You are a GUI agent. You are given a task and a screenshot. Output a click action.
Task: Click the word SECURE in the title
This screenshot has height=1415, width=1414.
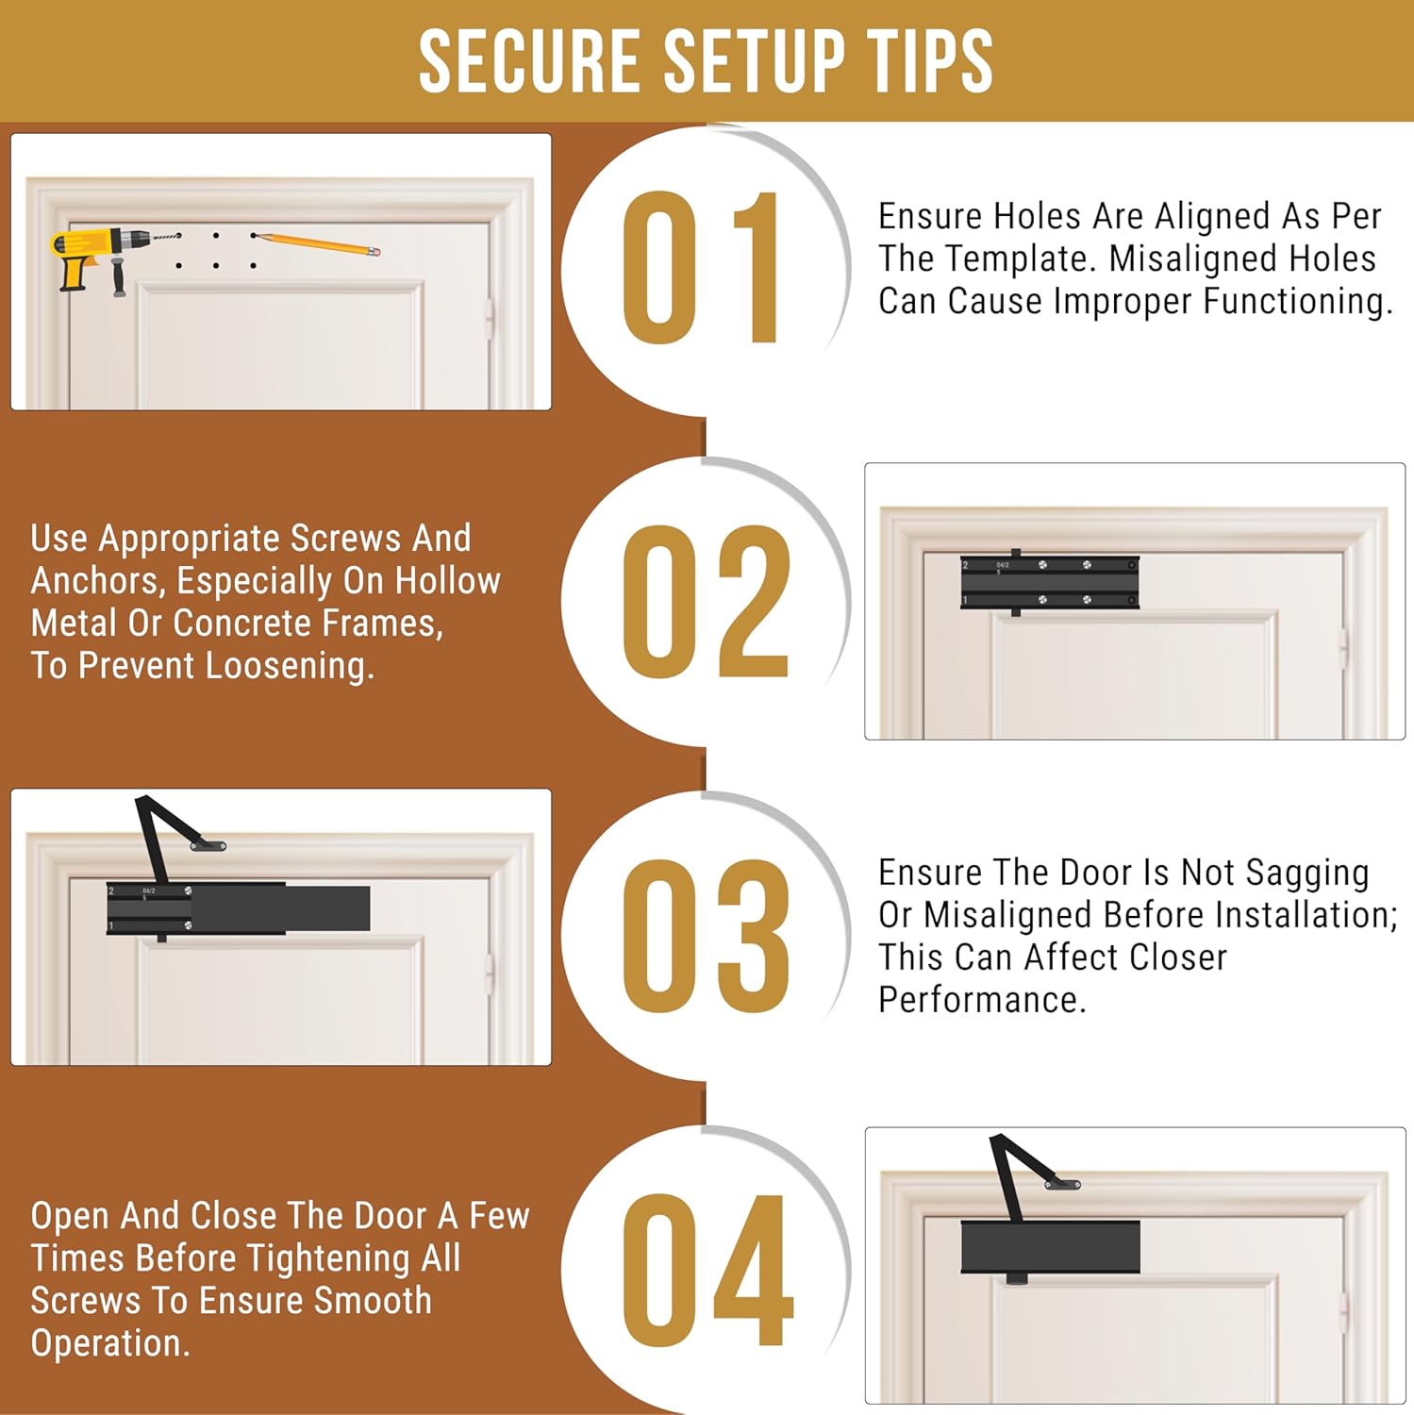pos(529,61)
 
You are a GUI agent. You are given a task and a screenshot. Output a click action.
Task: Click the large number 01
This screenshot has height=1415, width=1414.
pos(702,268)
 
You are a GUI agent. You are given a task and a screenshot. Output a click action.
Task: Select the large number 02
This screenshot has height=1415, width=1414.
pos(706,601)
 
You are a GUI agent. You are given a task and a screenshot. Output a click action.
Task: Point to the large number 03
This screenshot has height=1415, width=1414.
pos(706,936)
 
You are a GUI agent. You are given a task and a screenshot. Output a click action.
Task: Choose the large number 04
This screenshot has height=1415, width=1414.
pos(707,1270)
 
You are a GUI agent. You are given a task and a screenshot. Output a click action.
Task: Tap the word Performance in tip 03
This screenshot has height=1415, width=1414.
pos(982,1000)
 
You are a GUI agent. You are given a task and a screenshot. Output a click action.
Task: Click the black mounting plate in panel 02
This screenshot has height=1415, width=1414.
pos(1050,582)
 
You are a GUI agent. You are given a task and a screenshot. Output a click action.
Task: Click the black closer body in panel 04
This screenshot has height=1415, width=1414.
pos(1051,1246)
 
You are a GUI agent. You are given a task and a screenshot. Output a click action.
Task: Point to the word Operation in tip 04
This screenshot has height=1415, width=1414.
pos(110,1343)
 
